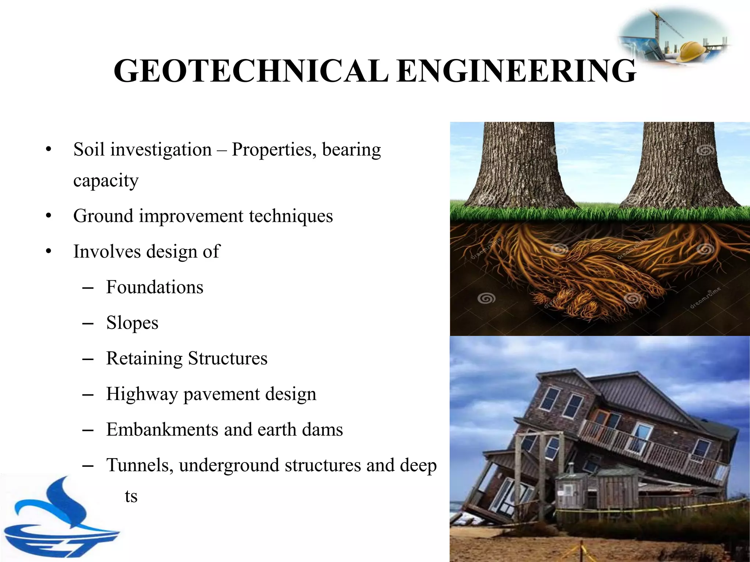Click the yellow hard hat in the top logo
(x=690, y=51)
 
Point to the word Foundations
(x=155, y=287)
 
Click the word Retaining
(x=144, y=359)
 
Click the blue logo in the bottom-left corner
(x=59, y=520)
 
